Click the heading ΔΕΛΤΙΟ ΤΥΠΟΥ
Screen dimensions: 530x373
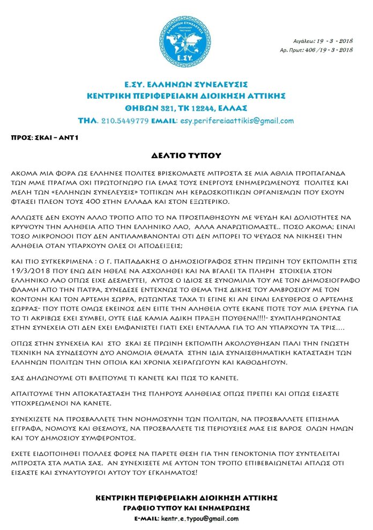186,156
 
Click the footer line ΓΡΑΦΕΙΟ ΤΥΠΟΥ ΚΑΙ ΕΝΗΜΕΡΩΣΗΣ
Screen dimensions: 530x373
186,507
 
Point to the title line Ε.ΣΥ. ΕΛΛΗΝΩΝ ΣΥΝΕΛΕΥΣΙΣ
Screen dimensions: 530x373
186,84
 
